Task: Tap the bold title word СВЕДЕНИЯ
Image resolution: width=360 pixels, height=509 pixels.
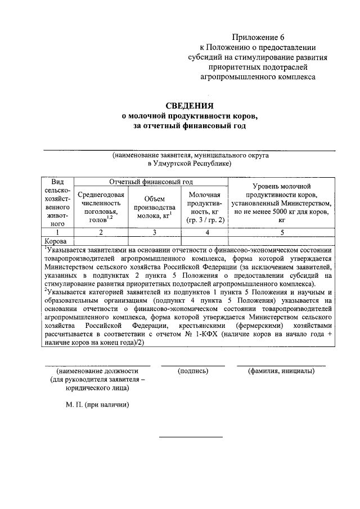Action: click(x=190, y=105)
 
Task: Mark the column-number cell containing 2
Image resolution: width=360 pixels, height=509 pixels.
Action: click(x=101, y=231)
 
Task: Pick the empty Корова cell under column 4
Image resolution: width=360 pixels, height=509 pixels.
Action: click(x=204, y=240)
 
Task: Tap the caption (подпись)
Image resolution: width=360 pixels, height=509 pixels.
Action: click(x=193, y=372)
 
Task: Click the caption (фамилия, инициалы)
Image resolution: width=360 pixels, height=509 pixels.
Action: click(x=281, y=372)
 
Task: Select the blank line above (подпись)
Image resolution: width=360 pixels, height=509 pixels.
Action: click(x=193, y=366)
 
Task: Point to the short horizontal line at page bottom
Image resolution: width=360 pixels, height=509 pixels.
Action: click(x=190, y=436)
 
